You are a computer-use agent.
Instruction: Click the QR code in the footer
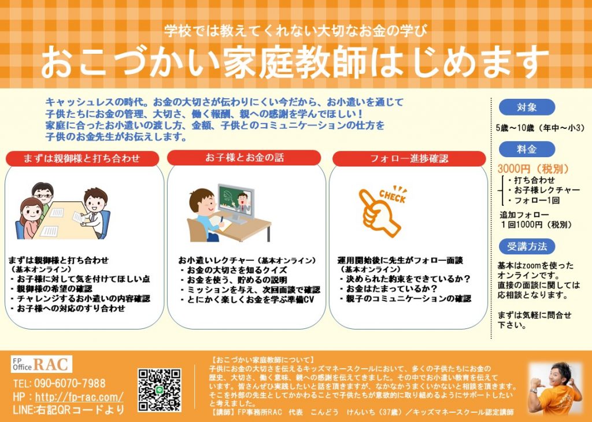tap(160, 390)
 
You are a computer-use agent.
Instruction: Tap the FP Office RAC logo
tap(42, 364)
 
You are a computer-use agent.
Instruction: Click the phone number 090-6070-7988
tap(70, 383)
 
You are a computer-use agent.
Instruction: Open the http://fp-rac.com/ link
tap(79, 397)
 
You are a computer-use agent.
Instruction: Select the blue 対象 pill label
tap(527, 107)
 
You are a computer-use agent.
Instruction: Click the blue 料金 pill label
tap(527, 149)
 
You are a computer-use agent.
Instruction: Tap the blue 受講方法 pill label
tap(527, 246)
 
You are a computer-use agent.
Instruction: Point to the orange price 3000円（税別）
tap(534, 169)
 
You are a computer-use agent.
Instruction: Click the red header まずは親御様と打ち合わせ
tap(82, 158)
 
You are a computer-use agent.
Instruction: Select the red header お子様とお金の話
tap(244, 157)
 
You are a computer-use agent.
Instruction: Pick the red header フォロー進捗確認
tap(409, 158)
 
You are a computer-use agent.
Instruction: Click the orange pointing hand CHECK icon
tap(382, 210)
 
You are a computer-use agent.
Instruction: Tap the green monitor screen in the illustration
tap(236, 201)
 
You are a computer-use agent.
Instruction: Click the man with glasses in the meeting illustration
tap(42, 197)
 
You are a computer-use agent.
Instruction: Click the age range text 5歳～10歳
tap(515, 128)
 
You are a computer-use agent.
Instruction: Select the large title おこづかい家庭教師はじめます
tap(294, 62)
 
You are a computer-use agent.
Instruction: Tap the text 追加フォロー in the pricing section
tap(524, 215)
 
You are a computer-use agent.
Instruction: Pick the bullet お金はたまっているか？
tap(391, 289)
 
